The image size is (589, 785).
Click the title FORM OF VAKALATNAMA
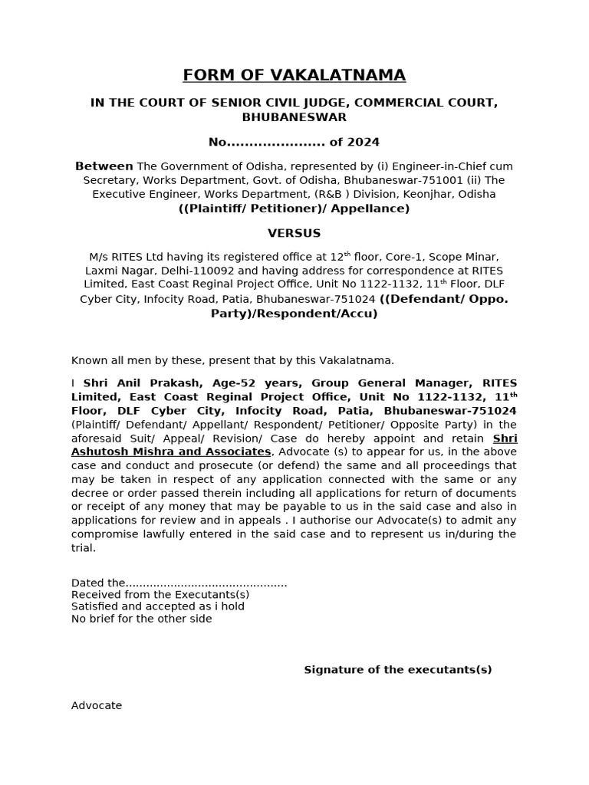(294, 75)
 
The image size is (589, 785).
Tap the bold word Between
(104, 166)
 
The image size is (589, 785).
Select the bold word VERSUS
(294, 233)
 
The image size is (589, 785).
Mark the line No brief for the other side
(141, 619)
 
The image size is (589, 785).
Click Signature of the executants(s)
(397, 670)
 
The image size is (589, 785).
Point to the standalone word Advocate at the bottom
(97, 705)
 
